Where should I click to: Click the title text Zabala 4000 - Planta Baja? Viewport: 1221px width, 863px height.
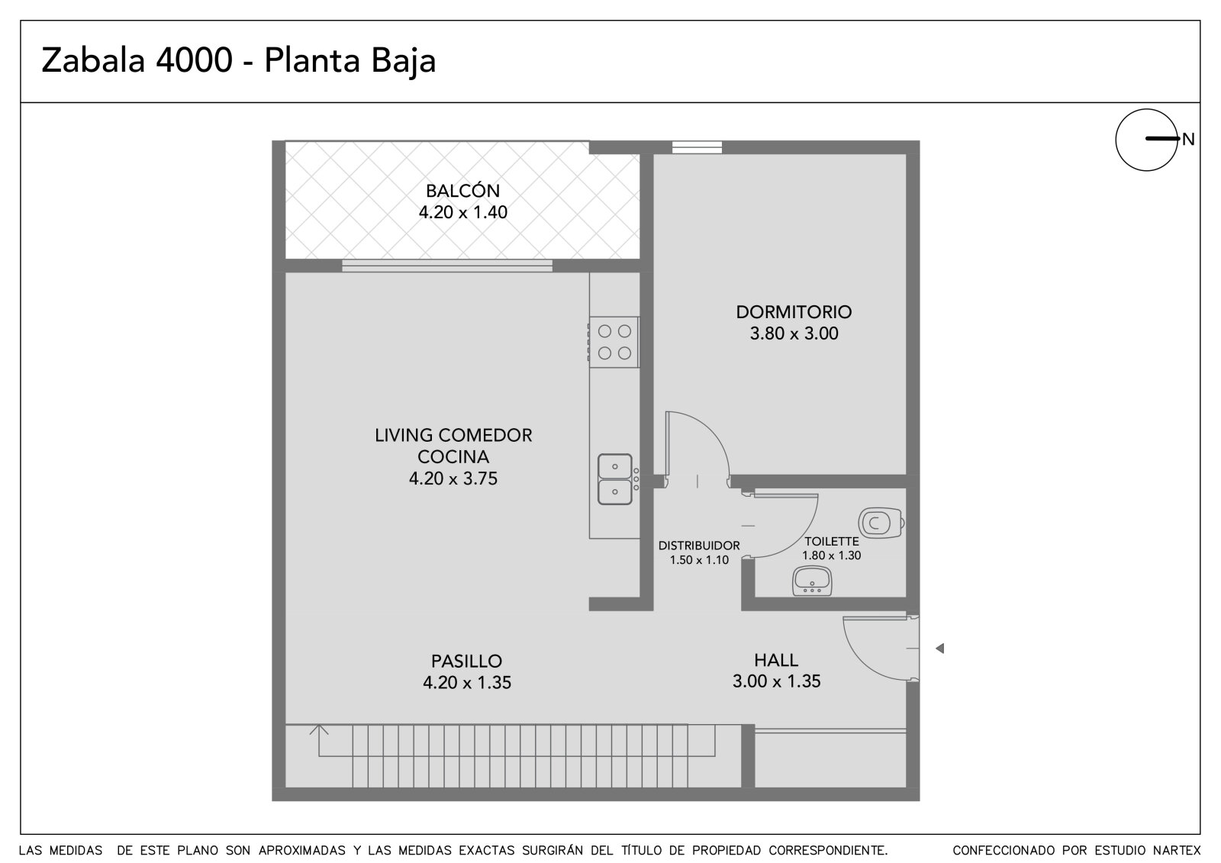(x=238, y=60)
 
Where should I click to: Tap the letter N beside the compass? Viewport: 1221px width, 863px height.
(x=1187, y=140)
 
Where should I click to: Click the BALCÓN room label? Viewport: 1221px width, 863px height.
(x=462, y=191)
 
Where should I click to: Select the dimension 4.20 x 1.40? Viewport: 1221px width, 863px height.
(x=462, y=212)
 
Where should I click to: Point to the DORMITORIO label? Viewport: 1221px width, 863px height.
(x=794, y=312)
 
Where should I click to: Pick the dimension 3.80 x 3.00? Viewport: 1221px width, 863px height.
(x=794, y=333)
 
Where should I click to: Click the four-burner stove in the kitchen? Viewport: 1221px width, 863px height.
(x=614, y=342)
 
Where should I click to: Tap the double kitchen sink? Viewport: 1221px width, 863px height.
(x=615, y=479)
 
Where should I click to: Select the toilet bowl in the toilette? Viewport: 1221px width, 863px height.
(x=881, y=523)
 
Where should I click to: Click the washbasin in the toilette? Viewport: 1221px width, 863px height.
(x=812, y=581)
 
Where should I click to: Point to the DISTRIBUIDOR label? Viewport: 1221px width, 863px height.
(x=699, y=546)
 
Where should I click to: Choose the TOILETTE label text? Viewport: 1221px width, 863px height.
(x=831, y=541)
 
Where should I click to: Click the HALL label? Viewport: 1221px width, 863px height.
(x=776, y=660)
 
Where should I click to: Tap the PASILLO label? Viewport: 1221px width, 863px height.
(x=466, y=662)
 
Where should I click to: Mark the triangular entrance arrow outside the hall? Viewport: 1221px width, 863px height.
(x=939, y=649)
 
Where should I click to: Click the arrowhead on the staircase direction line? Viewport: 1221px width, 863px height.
(x=319, y=729)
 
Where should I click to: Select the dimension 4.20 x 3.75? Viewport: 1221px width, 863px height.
(x=453, y=478)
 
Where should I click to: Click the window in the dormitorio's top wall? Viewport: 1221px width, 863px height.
(x=697, y=147)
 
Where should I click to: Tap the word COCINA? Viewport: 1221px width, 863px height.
(x=453, y=457)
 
